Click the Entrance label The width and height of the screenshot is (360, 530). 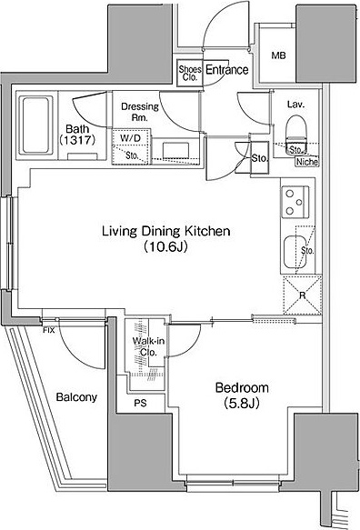point(226,70)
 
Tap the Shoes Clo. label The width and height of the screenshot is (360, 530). point(190,73)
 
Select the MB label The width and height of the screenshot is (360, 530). point(278,55)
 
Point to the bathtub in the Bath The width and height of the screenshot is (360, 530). point(35,125)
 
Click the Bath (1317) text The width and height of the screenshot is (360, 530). point(77,134)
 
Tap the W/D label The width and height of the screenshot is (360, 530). point(131,138)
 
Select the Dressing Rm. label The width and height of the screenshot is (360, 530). point(140,112)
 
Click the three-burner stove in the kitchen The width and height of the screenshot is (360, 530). point(295,202)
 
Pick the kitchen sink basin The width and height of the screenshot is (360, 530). point(295,252)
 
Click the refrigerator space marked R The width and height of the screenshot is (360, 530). point(302,295)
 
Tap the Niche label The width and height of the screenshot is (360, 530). point(307,162)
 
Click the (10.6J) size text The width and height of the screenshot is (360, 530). point(165,247)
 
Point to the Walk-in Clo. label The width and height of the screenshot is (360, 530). point(148,346)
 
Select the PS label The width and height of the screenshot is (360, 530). point(140,404)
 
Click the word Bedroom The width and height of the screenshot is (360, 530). point(242,387)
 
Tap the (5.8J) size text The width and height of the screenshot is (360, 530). point(242,404)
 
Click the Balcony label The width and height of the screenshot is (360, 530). point(76,397)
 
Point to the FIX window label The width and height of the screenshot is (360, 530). point(49,330)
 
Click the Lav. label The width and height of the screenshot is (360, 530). point(296,105)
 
